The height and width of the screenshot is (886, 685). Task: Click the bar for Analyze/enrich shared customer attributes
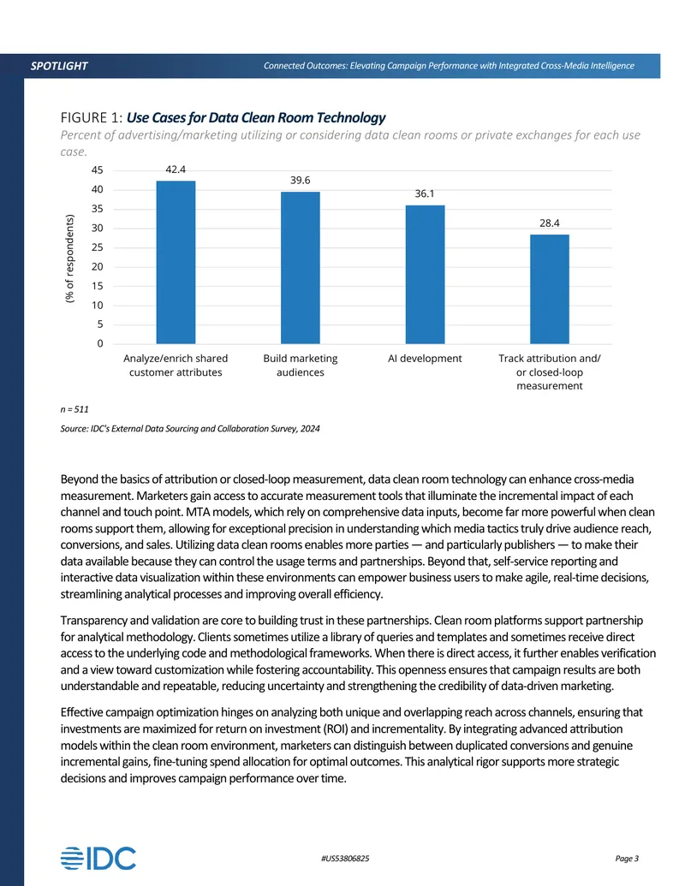coord(176,262)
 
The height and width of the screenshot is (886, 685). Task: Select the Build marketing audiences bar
coord(300,268)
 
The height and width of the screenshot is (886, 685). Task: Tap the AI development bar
coord(425,275)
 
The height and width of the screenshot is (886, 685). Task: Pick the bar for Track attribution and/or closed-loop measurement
coord(550,289)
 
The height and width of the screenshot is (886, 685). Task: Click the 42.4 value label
coord(176,169)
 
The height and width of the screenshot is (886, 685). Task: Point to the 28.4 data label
coord(550,223)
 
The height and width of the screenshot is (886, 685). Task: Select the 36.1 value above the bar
coord(425,193)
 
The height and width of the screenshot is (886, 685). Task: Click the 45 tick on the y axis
coord(98,170)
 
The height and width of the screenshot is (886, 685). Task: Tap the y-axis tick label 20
coord(98,267)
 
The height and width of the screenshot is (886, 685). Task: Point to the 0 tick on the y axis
coord(100,343)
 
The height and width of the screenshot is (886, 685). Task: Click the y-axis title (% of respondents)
coord(70,259)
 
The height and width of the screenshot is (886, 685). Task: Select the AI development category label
coord(425,358)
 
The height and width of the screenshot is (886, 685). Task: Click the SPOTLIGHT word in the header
coord(59,66)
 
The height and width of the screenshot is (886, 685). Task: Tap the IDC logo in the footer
coord(98,859)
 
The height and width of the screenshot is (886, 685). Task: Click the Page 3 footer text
coord(627,859)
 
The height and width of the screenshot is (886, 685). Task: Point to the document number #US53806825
coord(345,859)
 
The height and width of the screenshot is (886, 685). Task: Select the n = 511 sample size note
coord(74,409)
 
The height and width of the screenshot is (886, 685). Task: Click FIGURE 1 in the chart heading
coord(91,117)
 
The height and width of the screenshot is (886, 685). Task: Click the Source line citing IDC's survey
coord(190,428)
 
